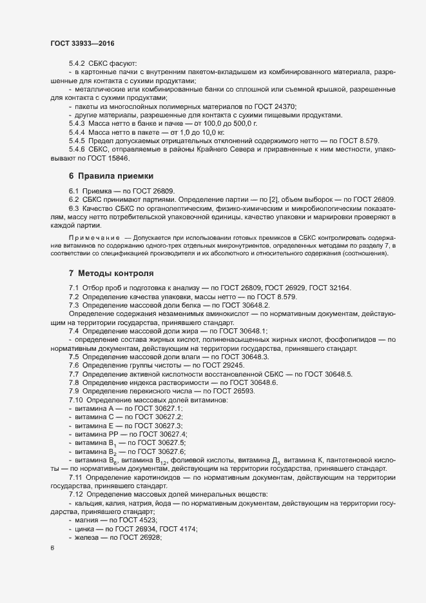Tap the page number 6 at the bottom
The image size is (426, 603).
click(x=52, y=549)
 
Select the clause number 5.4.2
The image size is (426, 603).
click(x=78, y=63)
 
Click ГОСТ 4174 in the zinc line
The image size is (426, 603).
click(x=178, y=528)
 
